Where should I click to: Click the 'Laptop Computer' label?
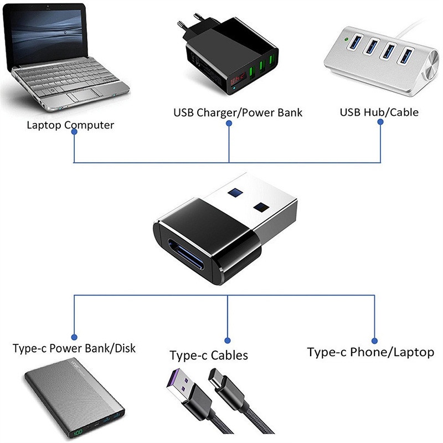point(70,125)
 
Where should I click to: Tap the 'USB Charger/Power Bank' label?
point(238,113)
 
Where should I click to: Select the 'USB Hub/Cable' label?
point(379,112)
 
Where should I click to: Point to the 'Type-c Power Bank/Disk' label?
point(74,349)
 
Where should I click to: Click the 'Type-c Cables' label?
point(209,355)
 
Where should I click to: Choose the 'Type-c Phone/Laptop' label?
point(370,352)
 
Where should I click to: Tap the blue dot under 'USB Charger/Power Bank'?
point(229,125)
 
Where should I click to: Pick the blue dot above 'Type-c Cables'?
point(228,341)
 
